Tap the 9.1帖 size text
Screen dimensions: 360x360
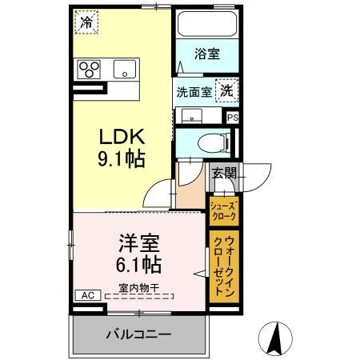coord(122,159)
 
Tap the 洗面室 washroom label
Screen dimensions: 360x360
coord(194,91)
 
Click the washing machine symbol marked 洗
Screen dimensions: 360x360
coord(227,90)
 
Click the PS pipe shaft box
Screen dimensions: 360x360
coord(233,117)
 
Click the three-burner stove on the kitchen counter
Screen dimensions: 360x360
coord(88,69)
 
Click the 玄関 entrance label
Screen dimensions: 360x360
coord(222,172)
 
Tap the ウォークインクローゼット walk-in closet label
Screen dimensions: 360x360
coord(224,266)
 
